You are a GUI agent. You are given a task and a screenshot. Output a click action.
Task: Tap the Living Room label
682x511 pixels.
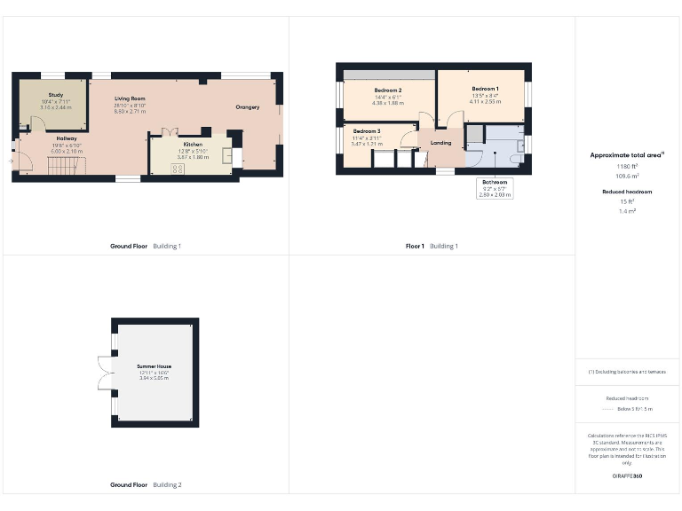(130, 98)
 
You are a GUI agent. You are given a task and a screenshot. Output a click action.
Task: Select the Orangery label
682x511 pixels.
(248, 107)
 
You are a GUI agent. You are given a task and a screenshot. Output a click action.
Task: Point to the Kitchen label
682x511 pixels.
(193, 144)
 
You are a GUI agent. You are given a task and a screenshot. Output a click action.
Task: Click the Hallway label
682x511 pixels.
(67, 138)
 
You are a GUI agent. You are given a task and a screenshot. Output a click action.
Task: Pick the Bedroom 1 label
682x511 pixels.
(485, 89)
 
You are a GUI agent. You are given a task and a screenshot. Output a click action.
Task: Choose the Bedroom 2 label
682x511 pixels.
(388, 90)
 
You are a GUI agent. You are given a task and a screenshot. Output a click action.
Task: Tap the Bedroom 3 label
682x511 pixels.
(366, 130)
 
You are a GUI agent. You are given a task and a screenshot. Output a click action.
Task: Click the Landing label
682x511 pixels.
(441, 142)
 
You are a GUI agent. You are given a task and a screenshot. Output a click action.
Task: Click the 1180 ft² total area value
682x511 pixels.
(627, 166)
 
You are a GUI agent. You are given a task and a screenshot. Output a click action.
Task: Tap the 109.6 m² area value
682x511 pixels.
(627, 177)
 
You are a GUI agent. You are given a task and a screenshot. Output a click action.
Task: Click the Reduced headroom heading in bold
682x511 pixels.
(627, 190)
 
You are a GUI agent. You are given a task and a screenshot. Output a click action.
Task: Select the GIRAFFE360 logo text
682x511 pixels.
(627, 476)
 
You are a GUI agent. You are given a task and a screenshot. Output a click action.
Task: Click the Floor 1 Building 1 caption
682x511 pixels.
(432, 246)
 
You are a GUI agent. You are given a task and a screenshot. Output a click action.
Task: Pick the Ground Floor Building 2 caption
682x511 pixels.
(146, 485)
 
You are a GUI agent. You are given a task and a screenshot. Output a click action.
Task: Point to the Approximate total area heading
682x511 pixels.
(626, 154)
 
